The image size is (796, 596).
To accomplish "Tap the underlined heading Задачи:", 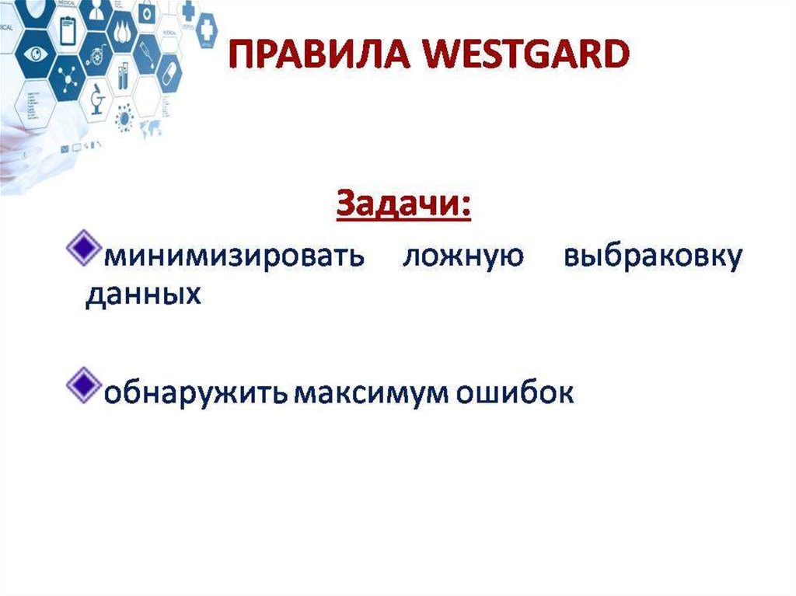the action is pos(403,204).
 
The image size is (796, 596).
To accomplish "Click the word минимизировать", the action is pos(234,256).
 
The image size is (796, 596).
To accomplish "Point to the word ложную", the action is pos(463,256).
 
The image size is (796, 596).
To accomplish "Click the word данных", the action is pos(143,295).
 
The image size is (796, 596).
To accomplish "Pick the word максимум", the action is pos(371,394).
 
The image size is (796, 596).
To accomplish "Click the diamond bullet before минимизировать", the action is pos(83,248).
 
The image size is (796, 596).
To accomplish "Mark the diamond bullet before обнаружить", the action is pos(83,385).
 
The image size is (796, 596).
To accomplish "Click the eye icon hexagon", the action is pos(36,54).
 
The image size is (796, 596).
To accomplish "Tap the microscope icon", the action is pos(97,99).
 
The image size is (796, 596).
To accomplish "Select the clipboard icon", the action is pos(68,30).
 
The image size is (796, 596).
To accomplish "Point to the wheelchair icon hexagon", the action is pos(96,54).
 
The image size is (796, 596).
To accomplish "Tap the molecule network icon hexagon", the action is pos(67,77).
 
